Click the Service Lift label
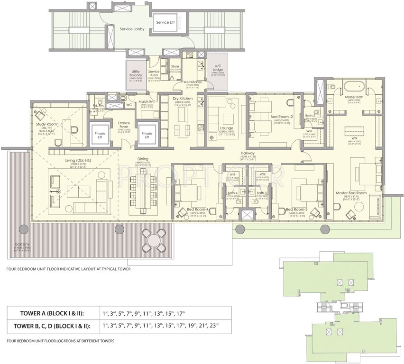[x=166, y=22]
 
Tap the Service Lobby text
[x=132, y=29]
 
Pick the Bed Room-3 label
[x=297, y=209]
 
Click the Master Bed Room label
[x=351, y=193]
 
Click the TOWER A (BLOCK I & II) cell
[x=53, y=313]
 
